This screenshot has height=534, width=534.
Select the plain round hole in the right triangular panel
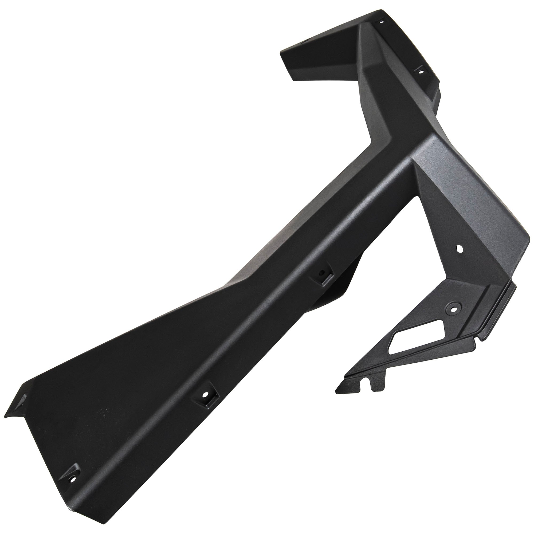(460, 249)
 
